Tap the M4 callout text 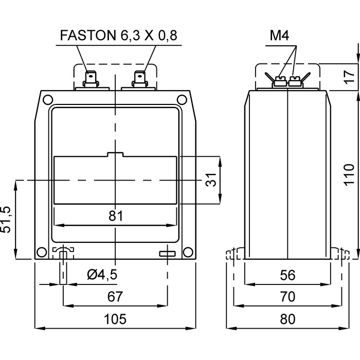(279, 35)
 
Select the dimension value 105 (115, 319)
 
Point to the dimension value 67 (115, 297)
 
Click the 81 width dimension (116, 216)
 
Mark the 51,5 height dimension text (7, 220)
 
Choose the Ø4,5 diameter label (102, 275)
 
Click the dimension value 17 (349, 77)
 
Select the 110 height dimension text (349, 175)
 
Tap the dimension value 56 (287, 275)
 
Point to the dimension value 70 (287, 297)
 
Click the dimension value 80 (287, 319)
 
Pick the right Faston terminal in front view (140, 79)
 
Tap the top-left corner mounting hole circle (47, 99)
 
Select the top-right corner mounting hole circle (184, 99)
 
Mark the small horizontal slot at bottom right (168, 253)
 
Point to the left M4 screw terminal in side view (280, 81)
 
